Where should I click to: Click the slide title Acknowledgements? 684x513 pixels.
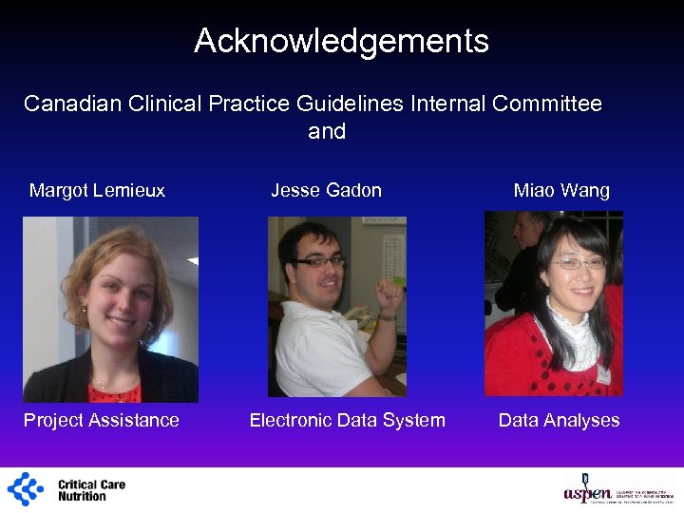point(341,41)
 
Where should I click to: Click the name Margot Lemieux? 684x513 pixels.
point(97,190)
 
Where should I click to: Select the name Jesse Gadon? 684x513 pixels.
point(326,190)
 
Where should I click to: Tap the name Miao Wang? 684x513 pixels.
point(561,190)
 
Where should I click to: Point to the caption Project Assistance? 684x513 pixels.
point(102,420)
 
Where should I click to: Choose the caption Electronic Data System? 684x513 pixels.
point(347,420)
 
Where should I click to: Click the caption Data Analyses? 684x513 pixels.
point(559,420)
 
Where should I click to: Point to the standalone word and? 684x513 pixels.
point(327,131)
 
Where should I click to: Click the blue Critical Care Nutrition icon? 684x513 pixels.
point(26,489)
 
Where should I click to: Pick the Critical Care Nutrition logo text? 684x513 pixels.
point(91,490)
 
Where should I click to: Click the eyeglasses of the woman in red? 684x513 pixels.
point(579,262)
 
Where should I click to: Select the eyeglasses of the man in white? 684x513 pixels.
point(319,260)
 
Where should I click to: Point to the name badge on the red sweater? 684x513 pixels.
point(602,374)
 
